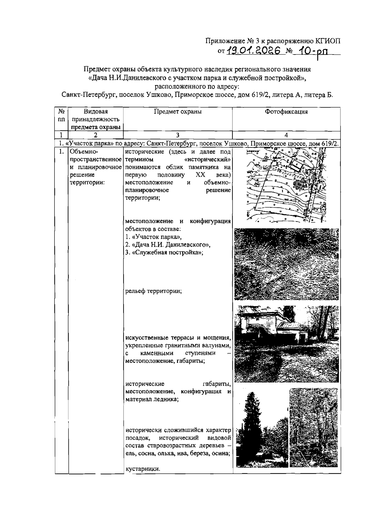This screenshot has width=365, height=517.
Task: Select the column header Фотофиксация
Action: click(x=286, y=112)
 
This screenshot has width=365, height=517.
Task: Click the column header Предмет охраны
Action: click(x=178, y=112)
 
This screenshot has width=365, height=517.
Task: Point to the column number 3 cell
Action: click(x=178, y=135)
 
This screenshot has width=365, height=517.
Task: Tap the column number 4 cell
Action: click(x=286, y=135)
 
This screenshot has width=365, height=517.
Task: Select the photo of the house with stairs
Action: click(x=286, y=343)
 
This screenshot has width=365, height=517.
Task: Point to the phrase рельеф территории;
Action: click(x=154, y=291)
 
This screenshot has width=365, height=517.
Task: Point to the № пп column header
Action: click(x=61, y=116)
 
